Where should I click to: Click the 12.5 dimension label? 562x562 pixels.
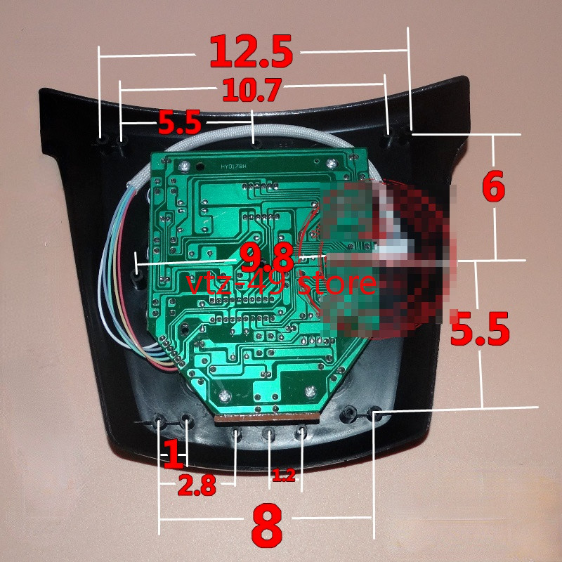251,52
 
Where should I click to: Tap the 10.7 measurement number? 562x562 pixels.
251,90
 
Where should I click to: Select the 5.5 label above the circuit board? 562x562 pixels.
179,123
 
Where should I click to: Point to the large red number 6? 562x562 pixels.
493,187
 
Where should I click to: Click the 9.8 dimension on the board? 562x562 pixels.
266,258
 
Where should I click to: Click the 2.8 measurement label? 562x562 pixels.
196,485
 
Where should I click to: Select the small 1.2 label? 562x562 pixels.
282,477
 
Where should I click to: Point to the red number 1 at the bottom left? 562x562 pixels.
172,455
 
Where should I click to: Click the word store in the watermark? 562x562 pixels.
338,284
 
